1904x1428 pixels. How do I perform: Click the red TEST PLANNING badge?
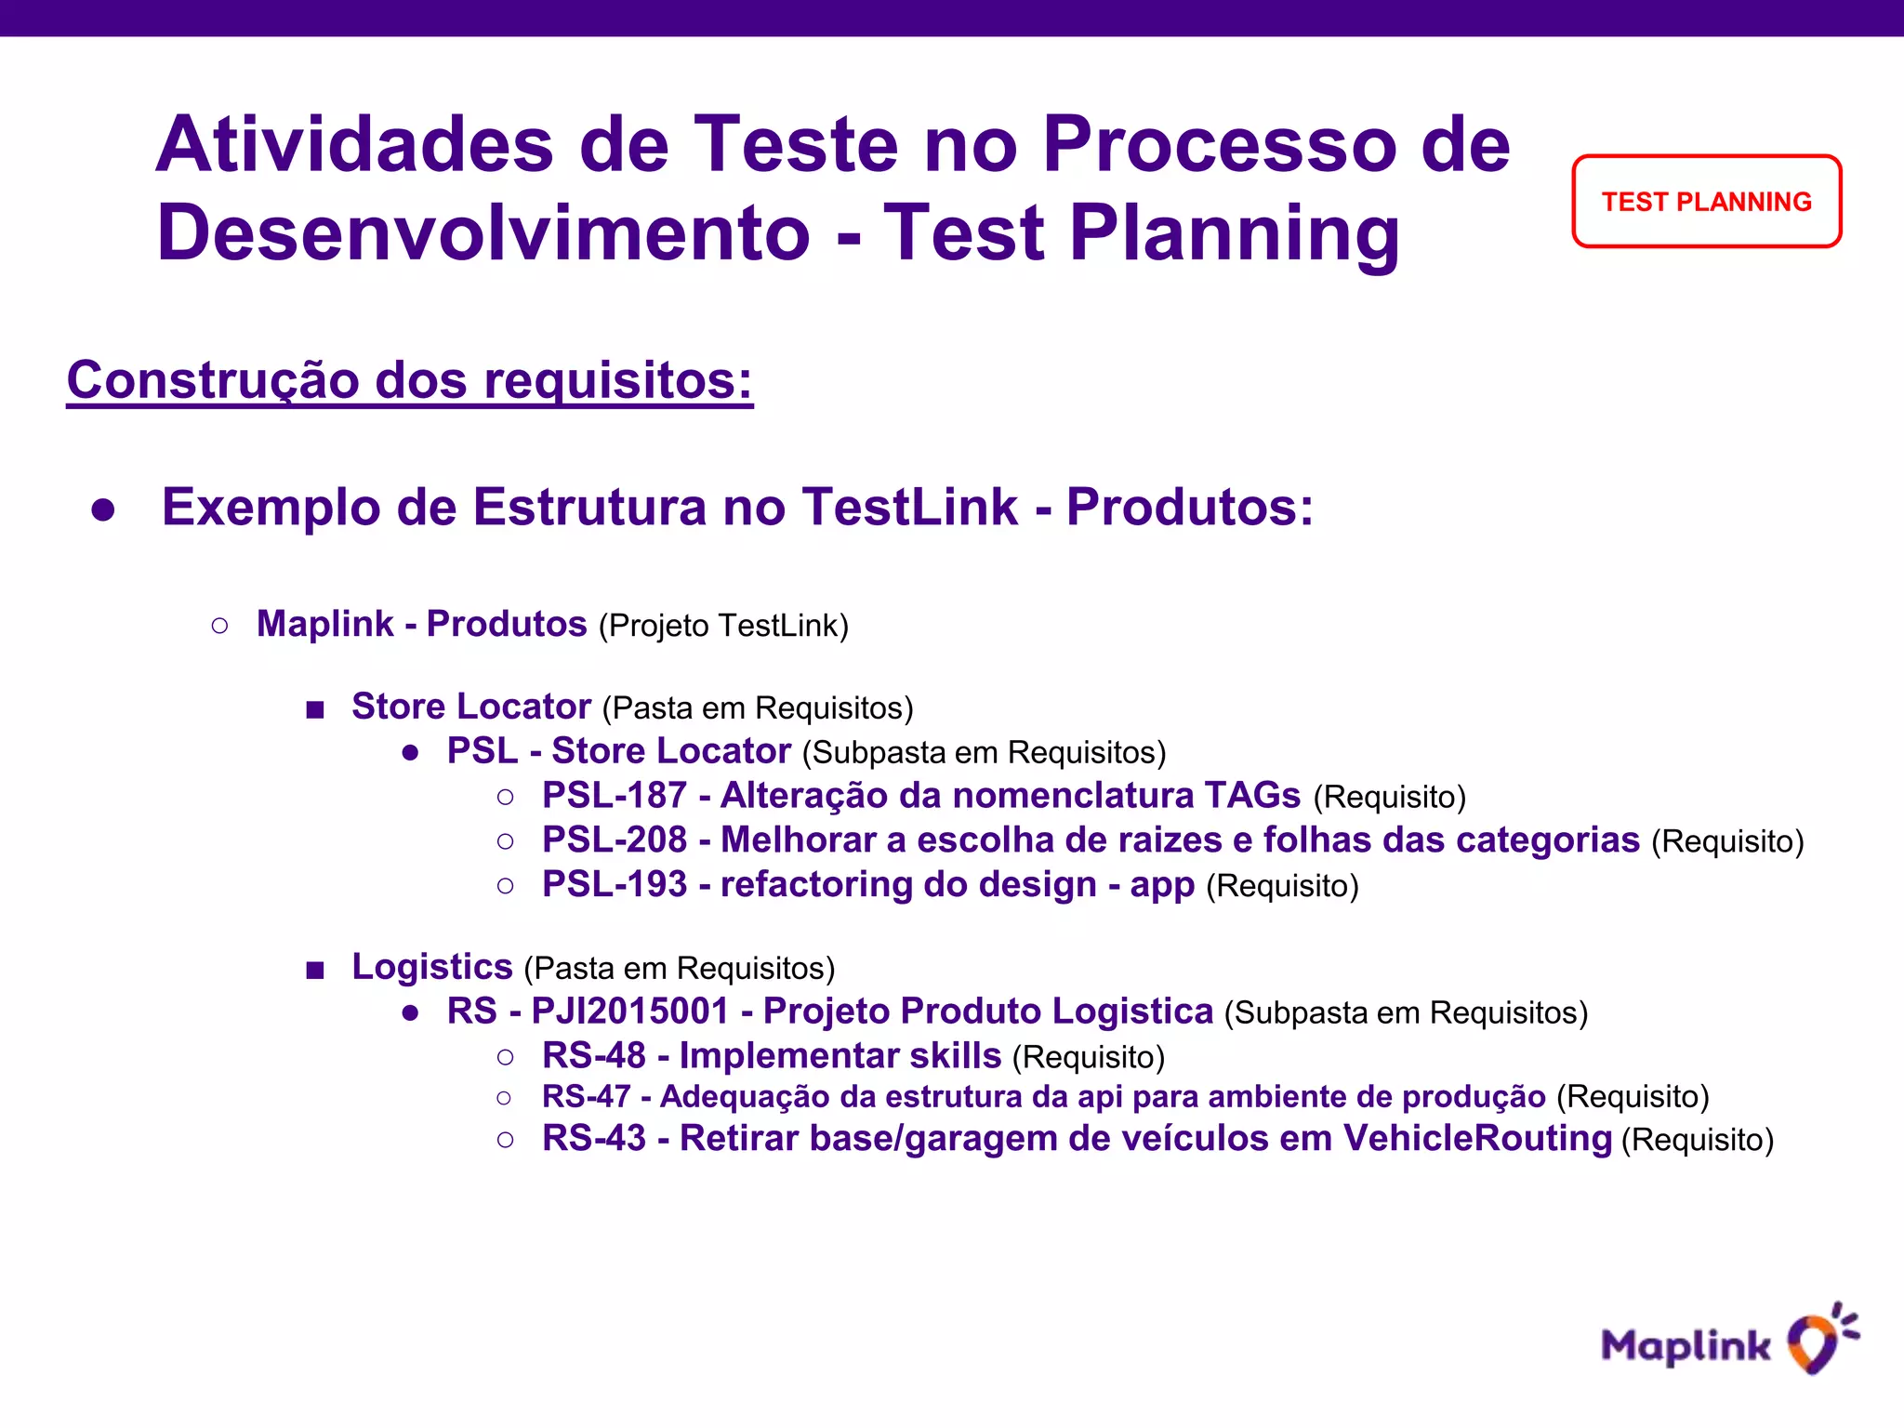(x=1706, y=202)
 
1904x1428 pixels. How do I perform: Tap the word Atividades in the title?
(x=354, y=145)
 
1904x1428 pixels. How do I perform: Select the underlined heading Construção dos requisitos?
(x=410, y=380)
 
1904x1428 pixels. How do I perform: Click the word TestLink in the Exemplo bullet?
(x=910, y=508)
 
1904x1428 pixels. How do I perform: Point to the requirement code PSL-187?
(x=615, y=796)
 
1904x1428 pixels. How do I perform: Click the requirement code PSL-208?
(x=615, y=840)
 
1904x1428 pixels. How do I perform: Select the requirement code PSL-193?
(x=615, y=885)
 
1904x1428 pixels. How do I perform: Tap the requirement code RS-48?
(x=594, y=1056)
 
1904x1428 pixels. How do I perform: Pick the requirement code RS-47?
(x=587, y=1097)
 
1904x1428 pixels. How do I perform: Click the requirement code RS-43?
(x=594, y=1139)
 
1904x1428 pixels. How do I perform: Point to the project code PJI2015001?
(x=630, y=1011)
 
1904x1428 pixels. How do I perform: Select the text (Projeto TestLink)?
(x=723, y=626)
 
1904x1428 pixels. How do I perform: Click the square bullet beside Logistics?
(x=315, y=971)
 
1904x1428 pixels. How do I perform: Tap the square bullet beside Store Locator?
(x=315, y=710)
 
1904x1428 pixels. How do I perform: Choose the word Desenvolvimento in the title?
(x=483, y=232)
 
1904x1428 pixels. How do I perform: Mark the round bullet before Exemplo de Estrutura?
(x=103, y=509)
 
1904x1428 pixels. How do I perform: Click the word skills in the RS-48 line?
(x=955, y=1056)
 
